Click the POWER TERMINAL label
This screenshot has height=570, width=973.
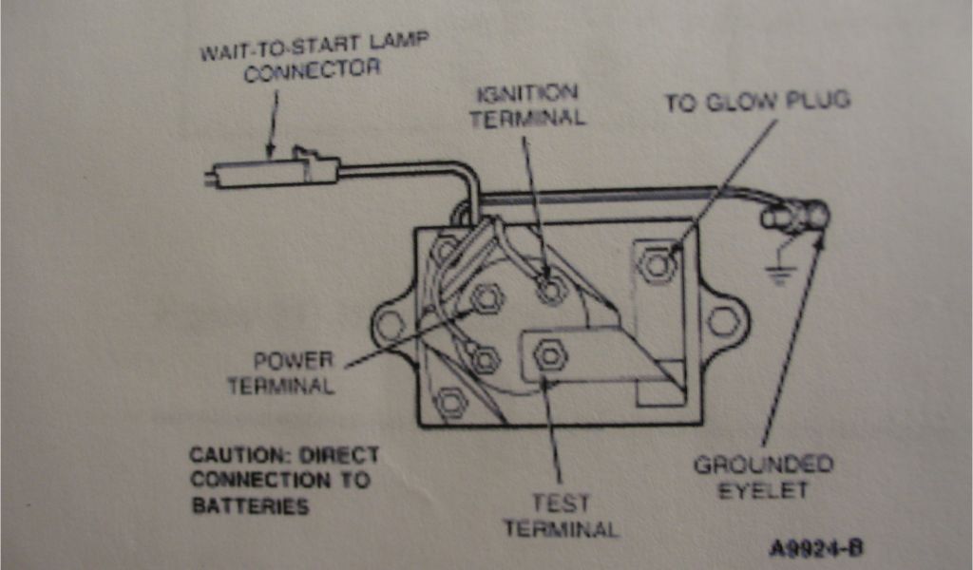point(294,373)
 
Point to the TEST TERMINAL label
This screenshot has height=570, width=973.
point(561,516)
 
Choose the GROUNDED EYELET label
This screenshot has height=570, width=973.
point(763,477)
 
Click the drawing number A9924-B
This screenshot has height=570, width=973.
point(816,549)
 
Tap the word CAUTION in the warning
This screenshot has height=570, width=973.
point(232,455)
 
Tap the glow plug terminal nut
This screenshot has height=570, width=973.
point(656,265)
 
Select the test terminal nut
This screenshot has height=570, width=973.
point(548,356)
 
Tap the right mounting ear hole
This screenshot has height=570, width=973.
point(722,322)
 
